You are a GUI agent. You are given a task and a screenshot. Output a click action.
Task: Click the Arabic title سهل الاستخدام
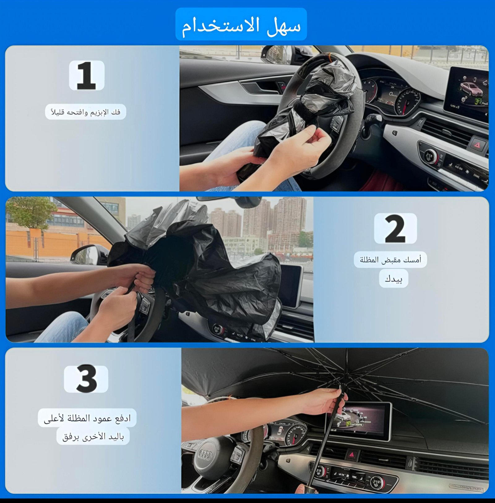pyautogui.click(x=241, y=26)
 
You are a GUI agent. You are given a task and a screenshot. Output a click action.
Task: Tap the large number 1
pyautogui.click(x=86, y=76)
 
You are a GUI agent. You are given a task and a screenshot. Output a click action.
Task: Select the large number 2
pyautogui.click(x=395, y=229)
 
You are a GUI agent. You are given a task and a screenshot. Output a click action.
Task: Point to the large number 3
pyautogui.click(x=86, y=378)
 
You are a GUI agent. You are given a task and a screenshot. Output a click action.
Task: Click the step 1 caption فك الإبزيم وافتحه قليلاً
pyautogui.click(x=85, y=112)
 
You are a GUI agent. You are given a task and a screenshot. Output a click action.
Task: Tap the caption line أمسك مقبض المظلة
pyautogui.click(x=390, y=260)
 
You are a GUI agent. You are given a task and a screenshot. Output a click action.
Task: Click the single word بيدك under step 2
pyautogui.click(x=394, y=279)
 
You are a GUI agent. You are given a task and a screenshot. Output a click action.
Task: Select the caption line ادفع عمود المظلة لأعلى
pyautogui.click(x=87, y=418)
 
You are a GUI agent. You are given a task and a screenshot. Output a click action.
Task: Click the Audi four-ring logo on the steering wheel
pyautogui.click(x=205, y=454)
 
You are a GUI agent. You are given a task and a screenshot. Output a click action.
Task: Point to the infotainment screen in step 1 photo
pyautogui.click(x=467, y=93)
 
